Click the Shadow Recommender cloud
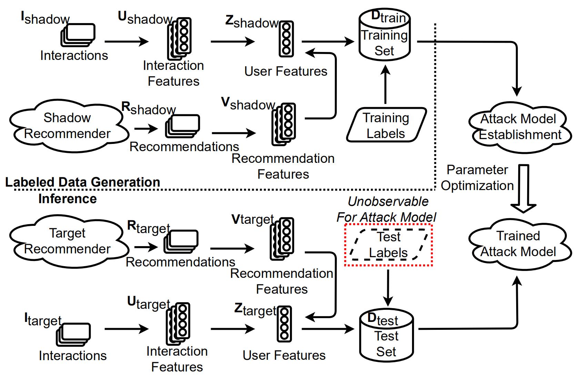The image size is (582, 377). click(67, 126)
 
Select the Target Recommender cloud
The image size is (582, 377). click(67, 241)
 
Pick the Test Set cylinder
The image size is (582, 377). click(386, 336)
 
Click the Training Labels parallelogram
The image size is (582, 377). click(386, 125)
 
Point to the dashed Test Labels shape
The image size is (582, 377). click(389, 244)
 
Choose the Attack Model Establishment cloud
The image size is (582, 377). click(519, 127)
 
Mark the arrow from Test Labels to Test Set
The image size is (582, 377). click(388, 287)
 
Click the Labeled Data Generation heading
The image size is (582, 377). click(83, 182)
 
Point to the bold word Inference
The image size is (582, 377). click(68, 199)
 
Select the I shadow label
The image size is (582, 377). click(45, 18)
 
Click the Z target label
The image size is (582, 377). click(255, 310)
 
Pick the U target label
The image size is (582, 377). click(149, 303)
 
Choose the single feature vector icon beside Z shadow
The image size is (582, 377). click(286, 39)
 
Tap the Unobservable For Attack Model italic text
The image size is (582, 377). click(387, 209)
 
